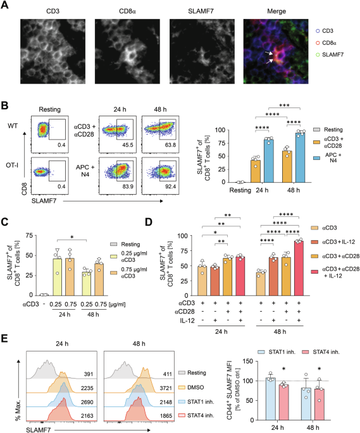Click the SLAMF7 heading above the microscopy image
[x=196, y=11]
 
